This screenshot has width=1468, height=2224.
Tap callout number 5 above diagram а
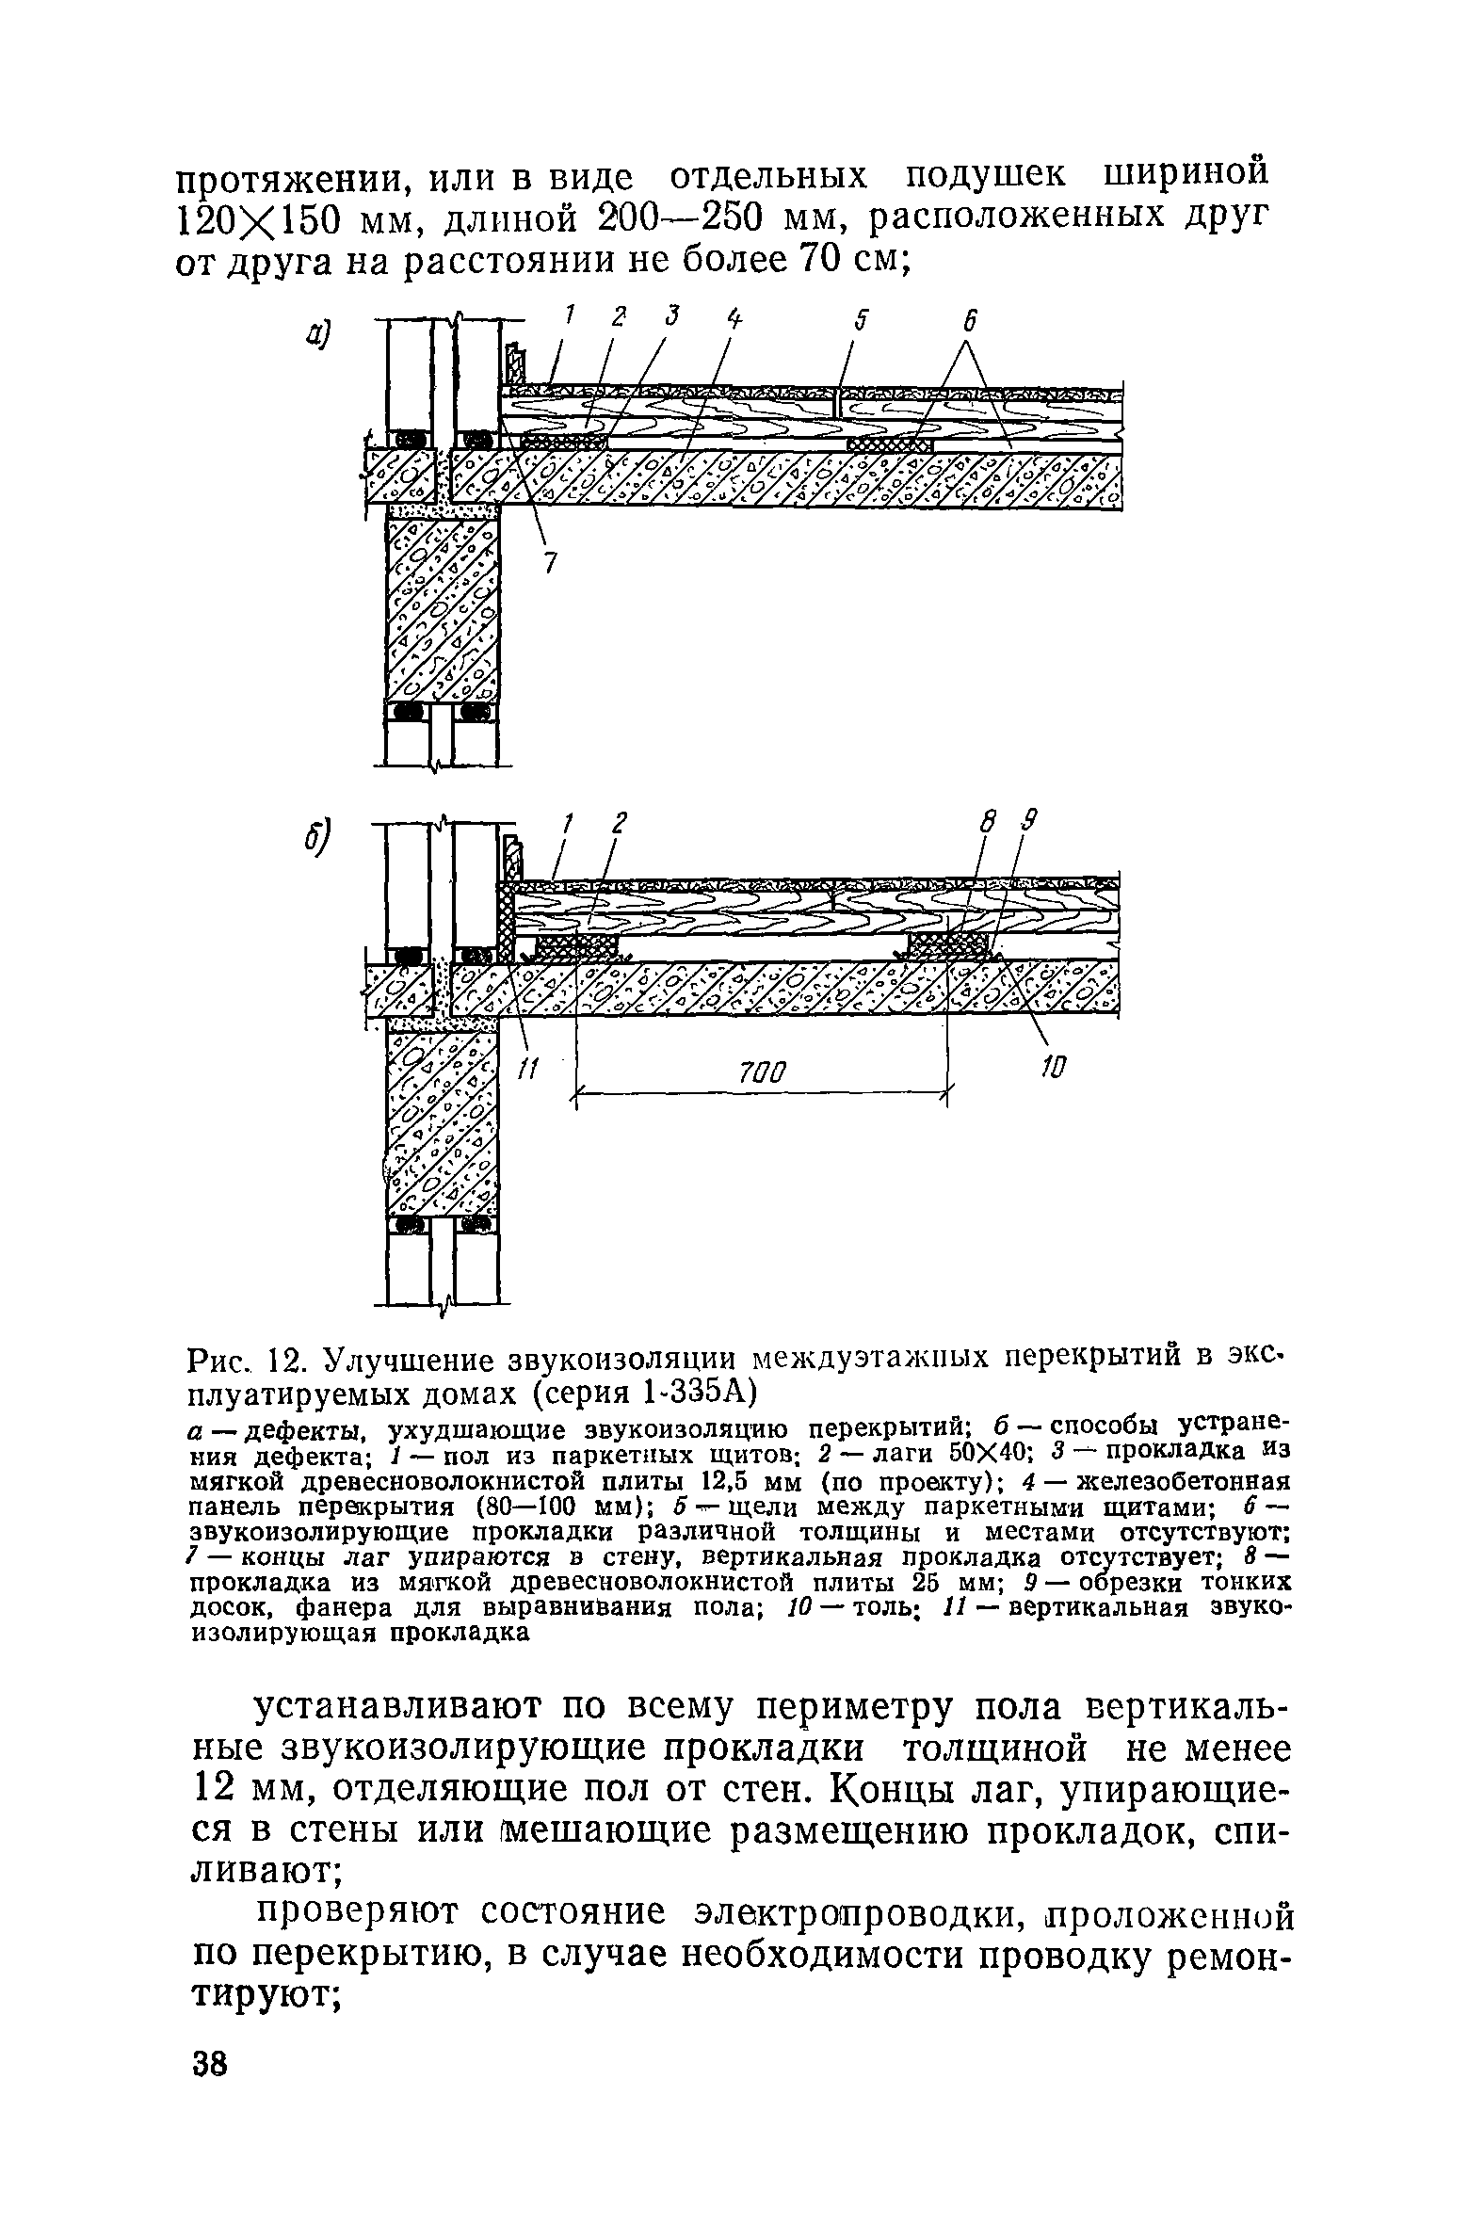(x=859, y=322)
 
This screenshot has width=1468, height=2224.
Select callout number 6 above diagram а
(x=967, y=322)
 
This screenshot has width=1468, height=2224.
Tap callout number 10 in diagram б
(x=1055, y=1067)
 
